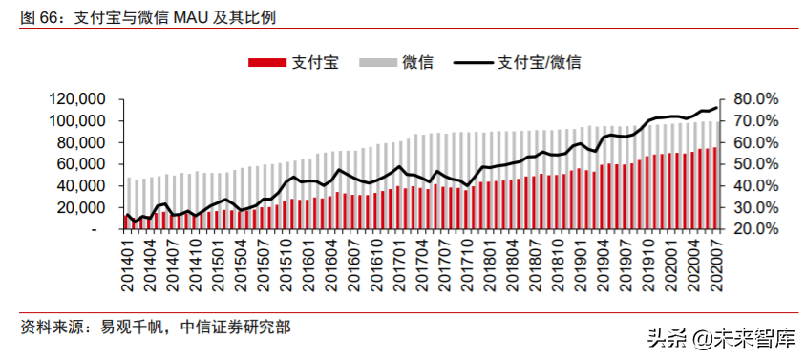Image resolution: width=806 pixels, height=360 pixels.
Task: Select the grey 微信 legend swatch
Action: (x=378, y=62)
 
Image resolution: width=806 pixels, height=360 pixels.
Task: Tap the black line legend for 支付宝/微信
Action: (x=472, y=62)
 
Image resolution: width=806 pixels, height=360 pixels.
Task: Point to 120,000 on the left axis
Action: (x=74, y=99)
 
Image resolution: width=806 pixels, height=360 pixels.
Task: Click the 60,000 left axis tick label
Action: (x=79, y=164)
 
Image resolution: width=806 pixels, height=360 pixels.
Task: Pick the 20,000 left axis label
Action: (x=79, y=208)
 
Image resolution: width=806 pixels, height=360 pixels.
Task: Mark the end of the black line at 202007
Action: (x=716, y=108)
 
